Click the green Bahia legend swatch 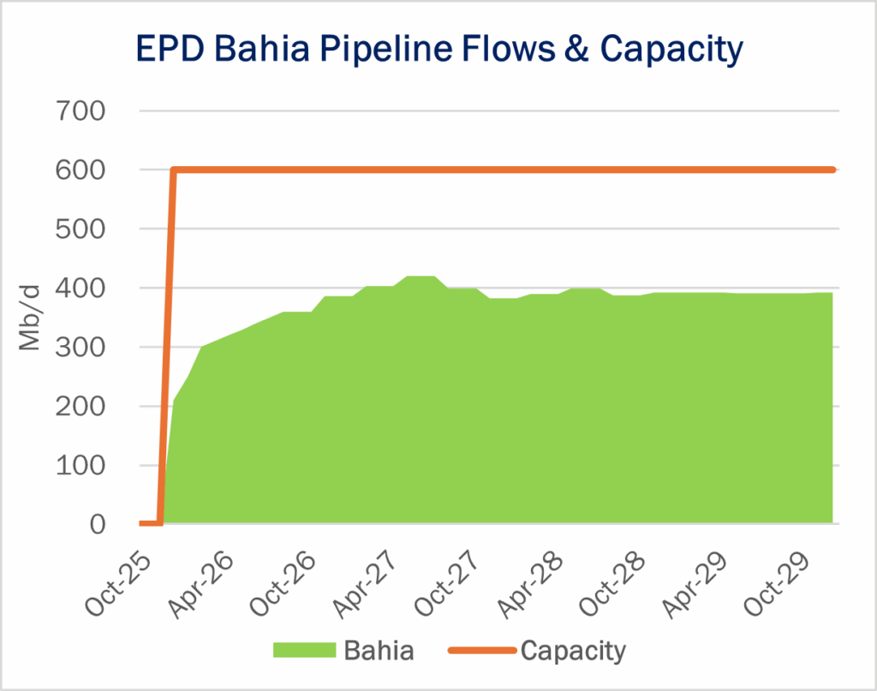[302, 651]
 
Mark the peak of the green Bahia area [421, 277]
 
